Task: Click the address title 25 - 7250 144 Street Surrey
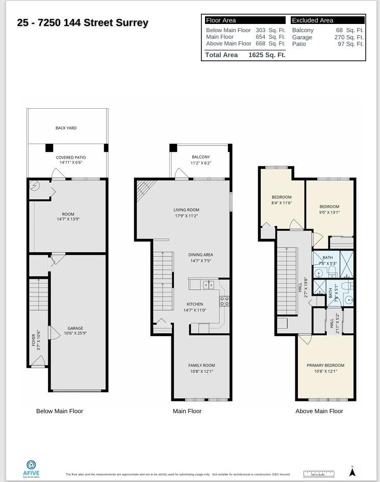(x=83, y=22)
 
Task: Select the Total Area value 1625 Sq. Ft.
(x=266, y=55)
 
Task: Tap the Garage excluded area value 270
(x=340, y=37)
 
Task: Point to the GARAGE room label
(x=75, y=328)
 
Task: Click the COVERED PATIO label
(x=70, y=158)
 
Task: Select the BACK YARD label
(x=66, y=128)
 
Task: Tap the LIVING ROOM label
(x=186, y=210)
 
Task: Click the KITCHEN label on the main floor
(x=194, y=304)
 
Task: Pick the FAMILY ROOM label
(x=201, y=365)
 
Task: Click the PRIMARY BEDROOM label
(x=325, y=365)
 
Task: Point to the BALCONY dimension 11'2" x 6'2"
(x=200, y=163)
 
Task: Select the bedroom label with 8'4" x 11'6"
(x=282, y=197)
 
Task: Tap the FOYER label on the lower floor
(x=34, y=340)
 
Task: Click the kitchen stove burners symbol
(x=224, y=301)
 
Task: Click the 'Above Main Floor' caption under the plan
(x=319, y=411)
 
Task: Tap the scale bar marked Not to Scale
(x=318, y=473)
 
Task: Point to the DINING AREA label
(x=200, y=255)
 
